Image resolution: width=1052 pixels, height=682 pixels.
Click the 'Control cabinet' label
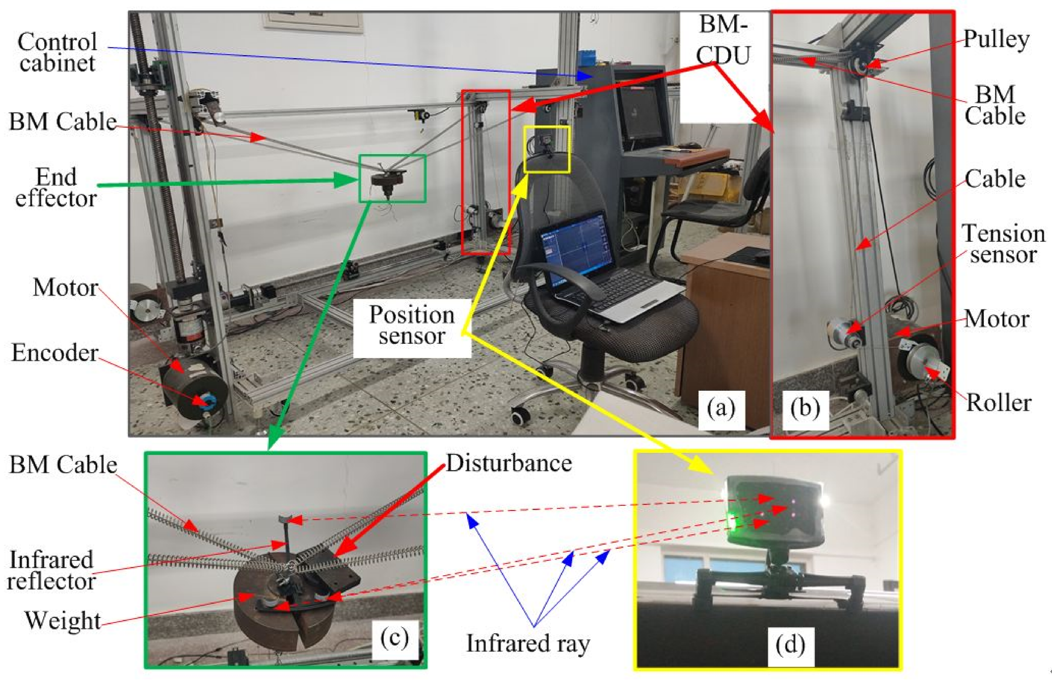57,52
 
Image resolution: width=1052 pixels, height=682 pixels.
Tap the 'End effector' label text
56,188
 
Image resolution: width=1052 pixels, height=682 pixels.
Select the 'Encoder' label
54,353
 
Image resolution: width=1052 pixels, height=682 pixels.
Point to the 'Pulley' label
996,40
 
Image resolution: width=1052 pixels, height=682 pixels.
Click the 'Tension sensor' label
1003,244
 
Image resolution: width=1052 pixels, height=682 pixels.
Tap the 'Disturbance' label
509,463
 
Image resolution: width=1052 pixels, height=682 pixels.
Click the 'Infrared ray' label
528,643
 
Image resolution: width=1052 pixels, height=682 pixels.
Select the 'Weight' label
63,620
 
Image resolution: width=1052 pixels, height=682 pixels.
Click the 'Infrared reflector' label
51,570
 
